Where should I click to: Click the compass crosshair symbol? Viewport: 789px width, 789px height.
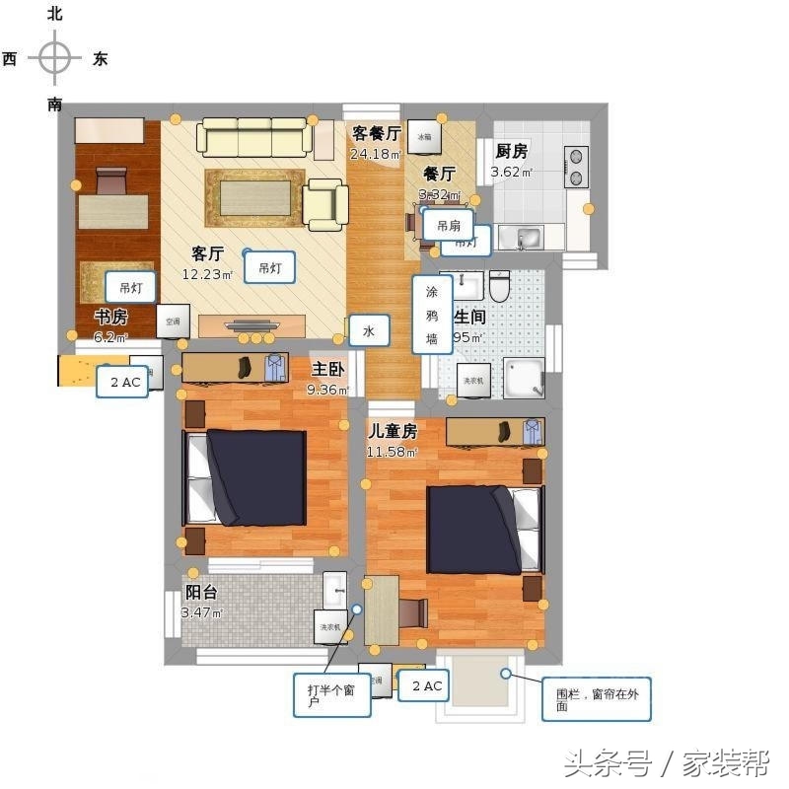pyautogui.click(x=55, y=58)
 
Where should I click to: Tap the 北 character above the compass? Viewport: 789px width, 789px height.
pyautogui.click(x=55, y=14)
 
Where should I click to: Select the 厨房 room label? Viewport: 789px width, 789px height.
pyautogui.click(x=511, y=151)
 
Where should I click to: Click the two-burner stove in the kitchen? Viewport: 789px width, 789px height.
pyautogui.click(x=575, y=167)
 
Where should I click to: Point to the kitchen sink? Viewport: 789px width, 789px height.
pyautogui.click(x=521, y=238)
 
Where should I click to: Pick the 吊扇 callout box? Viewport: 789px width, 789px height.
pyautogui.click(x=449, y=225)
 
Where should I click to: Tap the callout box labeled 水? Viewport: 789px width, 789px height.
pyautogui.click(x=368, y=332)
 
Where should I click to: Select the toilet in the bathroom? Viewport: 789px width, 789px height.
pyautogui.click(x=499, y=287)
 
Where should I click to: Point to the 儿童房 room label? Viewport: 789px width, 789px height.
pyautogui.click(x=393, y=431)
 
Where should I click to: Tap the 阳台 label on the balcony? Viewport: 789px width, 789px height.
pyautogui.click(x=201, y=593)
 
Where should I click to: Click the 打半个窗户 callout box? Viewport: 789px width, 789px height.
pyautogui.click(x=330, y=695)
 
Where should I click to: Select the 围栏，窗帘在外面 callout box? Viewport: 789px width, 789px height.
pyautogui.click(x=595, y=699)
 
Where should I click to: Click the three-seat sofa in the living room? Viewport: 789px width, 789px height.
pyautogui.click(x=252, y=137)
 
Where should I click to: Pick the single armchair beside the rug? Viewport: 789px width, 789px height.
pyautogui.click(x=323, y=204)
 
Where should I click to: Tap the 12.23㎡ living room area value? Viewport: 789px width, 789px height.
pyautogui.click(x=207, y=275)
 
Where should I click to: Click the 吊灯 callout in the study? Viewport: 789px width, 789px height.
pyautogui.click(x=129, y=288)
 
